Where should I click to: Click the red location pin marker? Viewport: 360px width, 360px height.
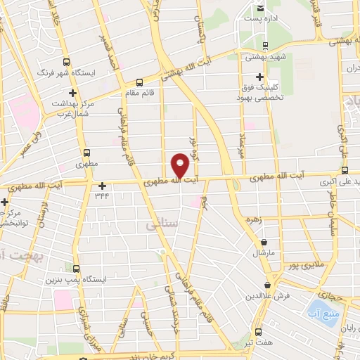[180, 167]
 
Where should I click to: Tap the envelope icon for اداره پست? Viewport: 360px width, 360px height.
[261, 8]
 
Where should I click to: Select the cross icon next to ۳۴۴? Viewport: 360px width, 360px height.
[103, 186]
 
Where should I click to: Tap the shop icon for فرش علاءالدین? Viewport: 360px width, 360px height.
[267, 285]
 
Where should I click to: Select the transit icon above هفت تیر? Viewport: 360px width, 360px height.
[258, 330]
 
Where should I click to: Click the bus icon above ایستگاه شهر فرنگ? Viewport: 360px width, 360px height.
[67, 61]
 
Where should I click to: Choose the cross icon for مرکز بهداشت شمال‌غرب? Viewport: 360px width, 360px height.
[72, 92]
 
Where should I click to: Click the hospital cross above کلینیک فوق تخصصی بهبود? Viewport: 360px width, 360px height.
[260, 77]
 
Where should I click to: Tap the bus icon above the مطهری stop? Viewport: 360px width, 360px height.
[86, 153]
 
